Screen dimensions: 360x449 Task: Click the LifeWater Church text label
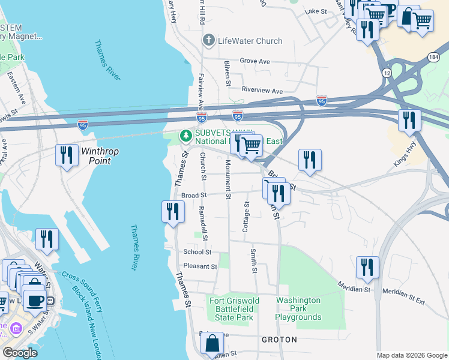[x=250, y=41]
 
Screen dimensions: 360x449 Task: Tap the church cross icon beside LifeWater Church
[x=208, y=41]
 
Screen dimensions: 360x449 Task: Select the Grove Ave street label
[x=255, y=61]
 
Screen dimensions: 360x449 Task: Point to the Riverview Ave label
[x=262, y=91]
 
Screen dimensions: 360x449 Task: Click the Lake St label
[x=316, y=11]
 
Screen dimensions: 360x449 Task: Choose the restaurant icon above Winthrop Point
[x=66, y=155]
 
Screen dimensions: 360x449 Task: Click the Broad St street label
[x=194, y=195]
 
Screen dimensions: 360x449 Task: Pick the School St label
[x=197, y=252]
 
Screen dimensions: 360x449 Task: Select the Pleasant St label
[x=200, y=266]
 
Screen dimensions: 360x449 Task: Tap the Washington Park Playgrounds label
[x=298, y=308]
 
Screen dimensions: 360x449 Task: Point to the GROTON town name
[x=279, y=340]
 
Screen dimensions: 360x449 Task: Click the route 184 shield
[x=433, y=56]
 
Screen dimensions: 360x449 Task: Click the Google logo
[x=20, y=353]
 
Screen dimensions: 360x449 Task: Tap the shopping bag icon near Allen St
[x=212, y=344]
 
